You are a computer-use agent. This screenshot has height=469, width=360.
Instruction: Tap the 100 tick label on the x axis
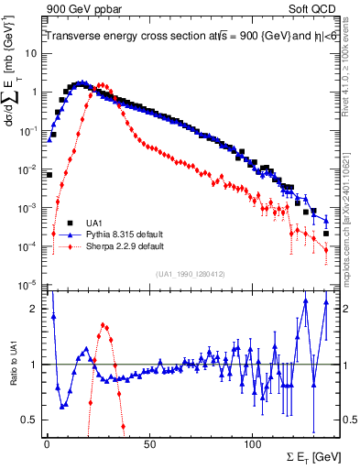tap(254, 442)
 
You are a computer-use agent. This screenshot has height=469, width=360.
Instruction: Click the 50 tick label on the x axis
tap(150, 442)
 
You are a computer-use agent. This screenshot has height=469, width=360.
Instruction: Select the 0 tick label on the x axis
tap(47, 442)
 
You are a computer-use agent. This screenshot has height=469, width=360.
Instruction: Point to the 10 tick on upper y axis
tap(30, 53)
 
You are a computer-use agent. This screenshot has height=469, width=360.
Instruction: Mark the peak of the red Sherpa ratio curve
tap(104, 324)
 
